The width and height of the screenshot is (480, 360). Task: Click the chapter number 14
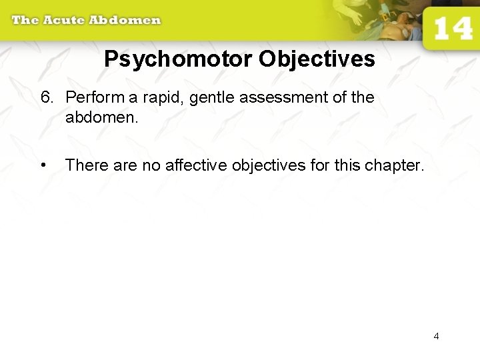pos(453,29)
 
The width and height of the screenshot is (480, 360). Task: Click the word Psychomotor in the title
pos(179,60)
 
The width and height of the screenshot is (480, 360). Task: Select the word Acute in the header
pos(65,19)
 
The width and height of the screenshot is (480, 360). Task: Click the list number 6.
pos(46,97)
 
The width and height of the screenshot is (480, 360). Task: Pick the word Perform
pos(94,97)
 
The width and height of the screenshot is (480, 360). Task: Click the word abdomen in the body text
pos(101,118)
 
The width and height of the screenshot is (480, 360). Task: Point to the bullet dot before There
pos(43,165)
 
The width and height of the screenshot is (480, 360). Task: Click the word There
pos(86,165)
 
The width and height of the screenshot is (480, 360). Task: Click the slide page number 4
pos(436,336)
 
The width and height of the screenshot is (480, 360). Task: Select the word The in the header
pos(25,19)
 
